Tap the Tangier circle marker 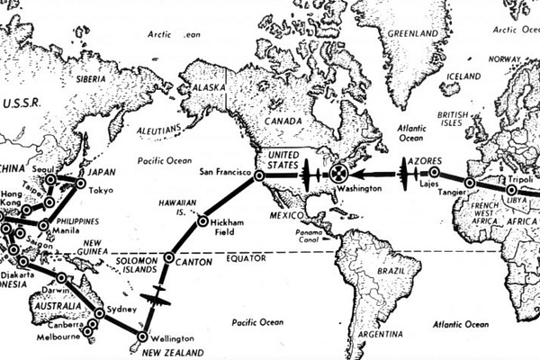click(x=468, y=183)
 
